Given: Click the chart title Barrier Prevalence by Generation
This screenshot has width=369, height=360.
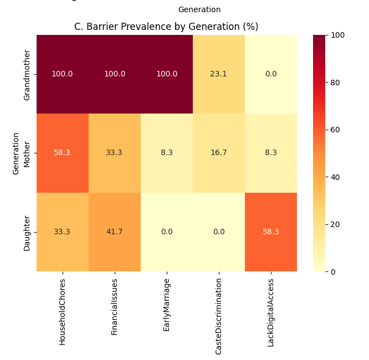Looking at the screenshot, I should (x=166, y=27).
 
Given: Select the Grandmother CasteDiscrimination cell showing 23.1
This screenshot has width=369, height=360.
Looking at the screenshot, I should (x=219, y=74).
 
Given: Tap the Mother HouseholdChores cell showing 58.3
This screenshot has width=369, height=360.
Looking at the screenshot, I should (x=62, y=153).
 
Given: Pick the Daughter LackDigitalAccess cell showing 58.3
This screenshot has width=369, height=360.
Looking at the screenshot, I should (x=271, y=232).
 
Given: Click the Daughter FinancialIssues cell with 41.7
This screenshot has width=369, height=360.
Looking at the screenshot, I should (x=114, y=232).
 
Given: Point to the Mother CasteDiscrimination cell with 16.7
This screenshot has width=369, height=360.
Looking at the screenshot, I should (x=219, y=153).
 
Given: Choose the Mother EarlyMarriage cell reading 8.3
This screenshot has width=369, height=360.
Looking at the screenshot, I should (x=167, y=153).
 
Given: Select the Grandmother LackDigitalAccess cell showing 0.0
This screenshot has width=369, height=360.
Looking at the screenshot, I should (x=271, y=74).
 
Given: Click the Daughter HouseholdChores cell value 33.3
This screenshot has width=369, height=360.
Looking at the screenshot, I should (x=62, y=232).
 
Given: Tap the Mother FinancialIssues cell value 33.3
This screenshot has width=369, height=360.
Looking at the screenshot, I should (x=114, y=153).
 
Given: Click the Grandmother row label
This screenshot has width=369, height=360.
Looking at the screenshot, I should (x=27, y=74).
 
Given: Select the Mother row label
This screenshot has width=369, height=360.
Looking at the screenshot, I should (x=27, y=153).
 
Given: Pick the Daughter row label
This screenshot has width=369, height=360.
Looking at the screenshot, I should (x=27, y=232).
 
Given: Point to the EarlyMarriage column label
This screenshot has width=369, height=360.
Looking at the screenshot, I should (x=167, y=305).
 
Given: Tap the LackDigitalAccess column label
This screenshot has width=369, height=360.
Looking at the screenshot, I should (x=271, y=313).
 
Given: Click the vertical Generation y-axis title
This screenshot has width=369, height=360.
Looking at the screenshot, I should (x=16, y=153).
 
